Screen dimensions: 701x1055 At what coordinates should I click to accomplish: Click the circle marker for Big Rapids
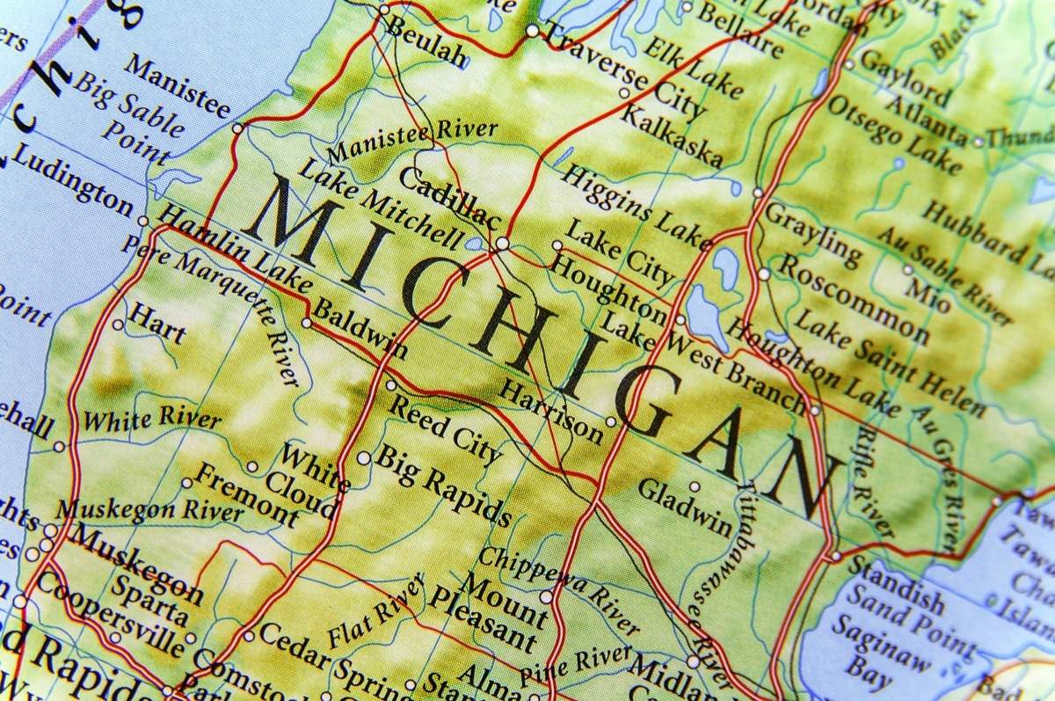364,458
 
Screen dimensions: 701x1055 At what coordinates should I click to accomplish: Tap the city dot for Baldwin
306,323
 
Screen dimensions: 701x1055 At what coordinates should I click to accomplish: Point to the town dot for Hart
118,325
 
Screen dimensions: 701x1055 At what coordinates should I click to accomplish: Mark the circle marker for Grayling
758,193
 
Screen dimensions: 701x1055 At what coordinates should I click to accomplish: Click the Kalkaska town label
672,135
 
